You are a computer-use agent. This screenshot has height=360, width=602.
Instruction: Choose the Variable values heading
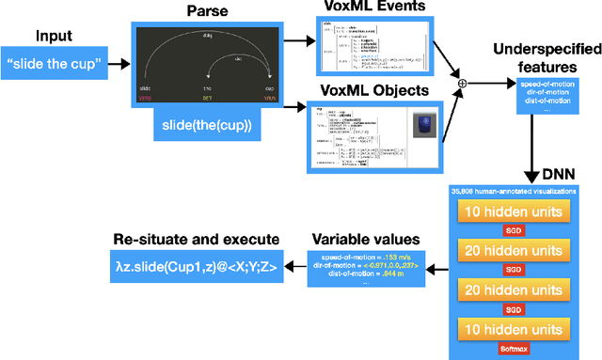pos(368,240)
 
